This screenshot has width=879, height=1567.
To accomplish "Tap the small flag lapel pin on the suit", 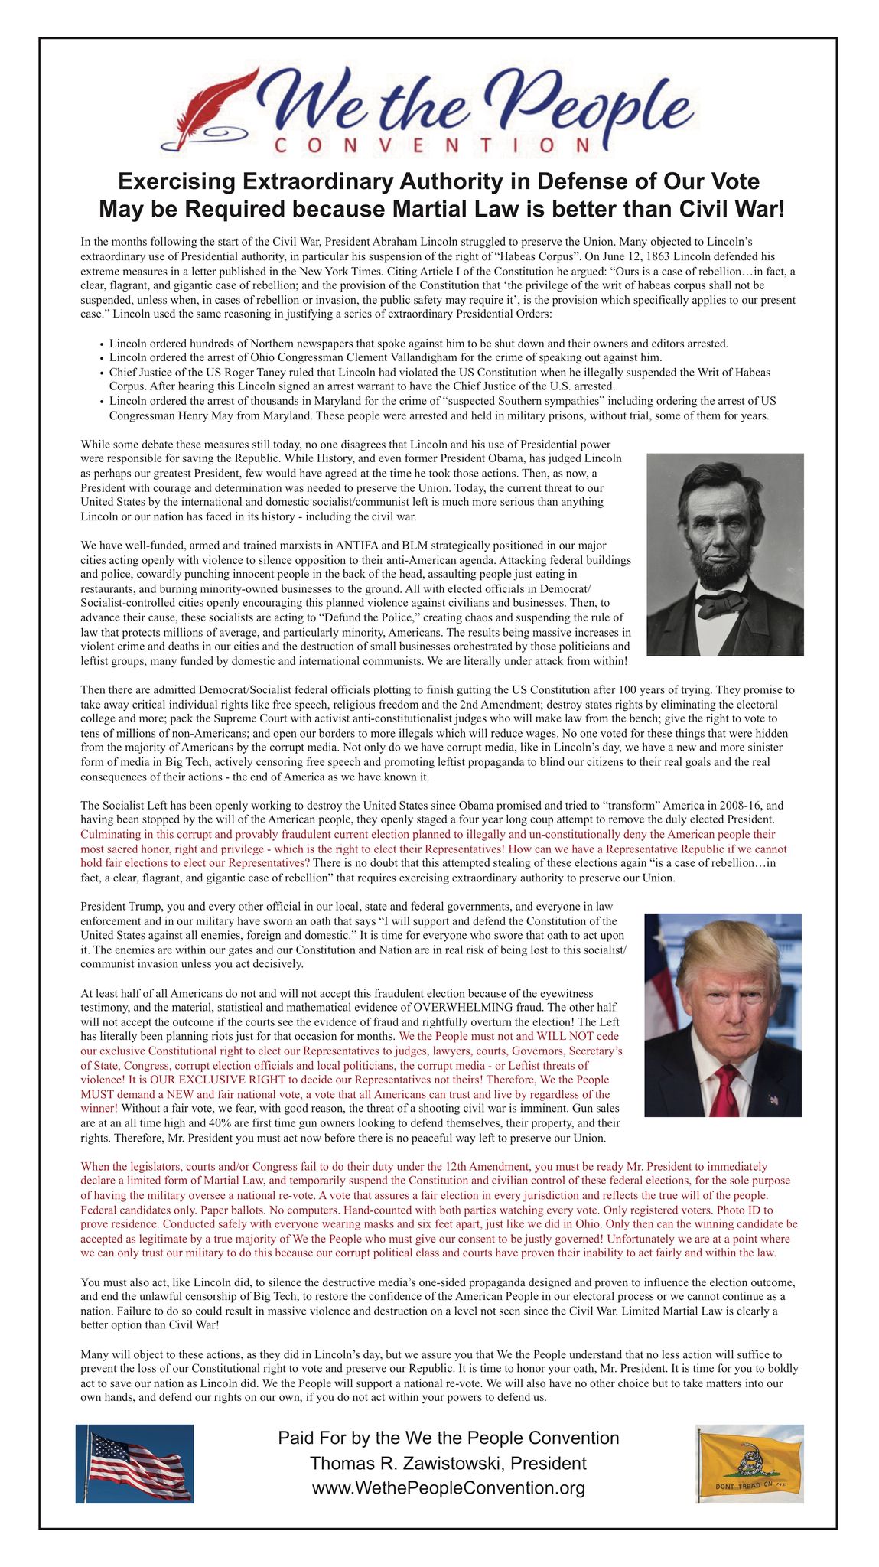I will (773, 1100).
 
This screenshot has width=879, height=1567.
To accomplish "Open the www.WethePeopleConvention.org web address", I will (448, 1487).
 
